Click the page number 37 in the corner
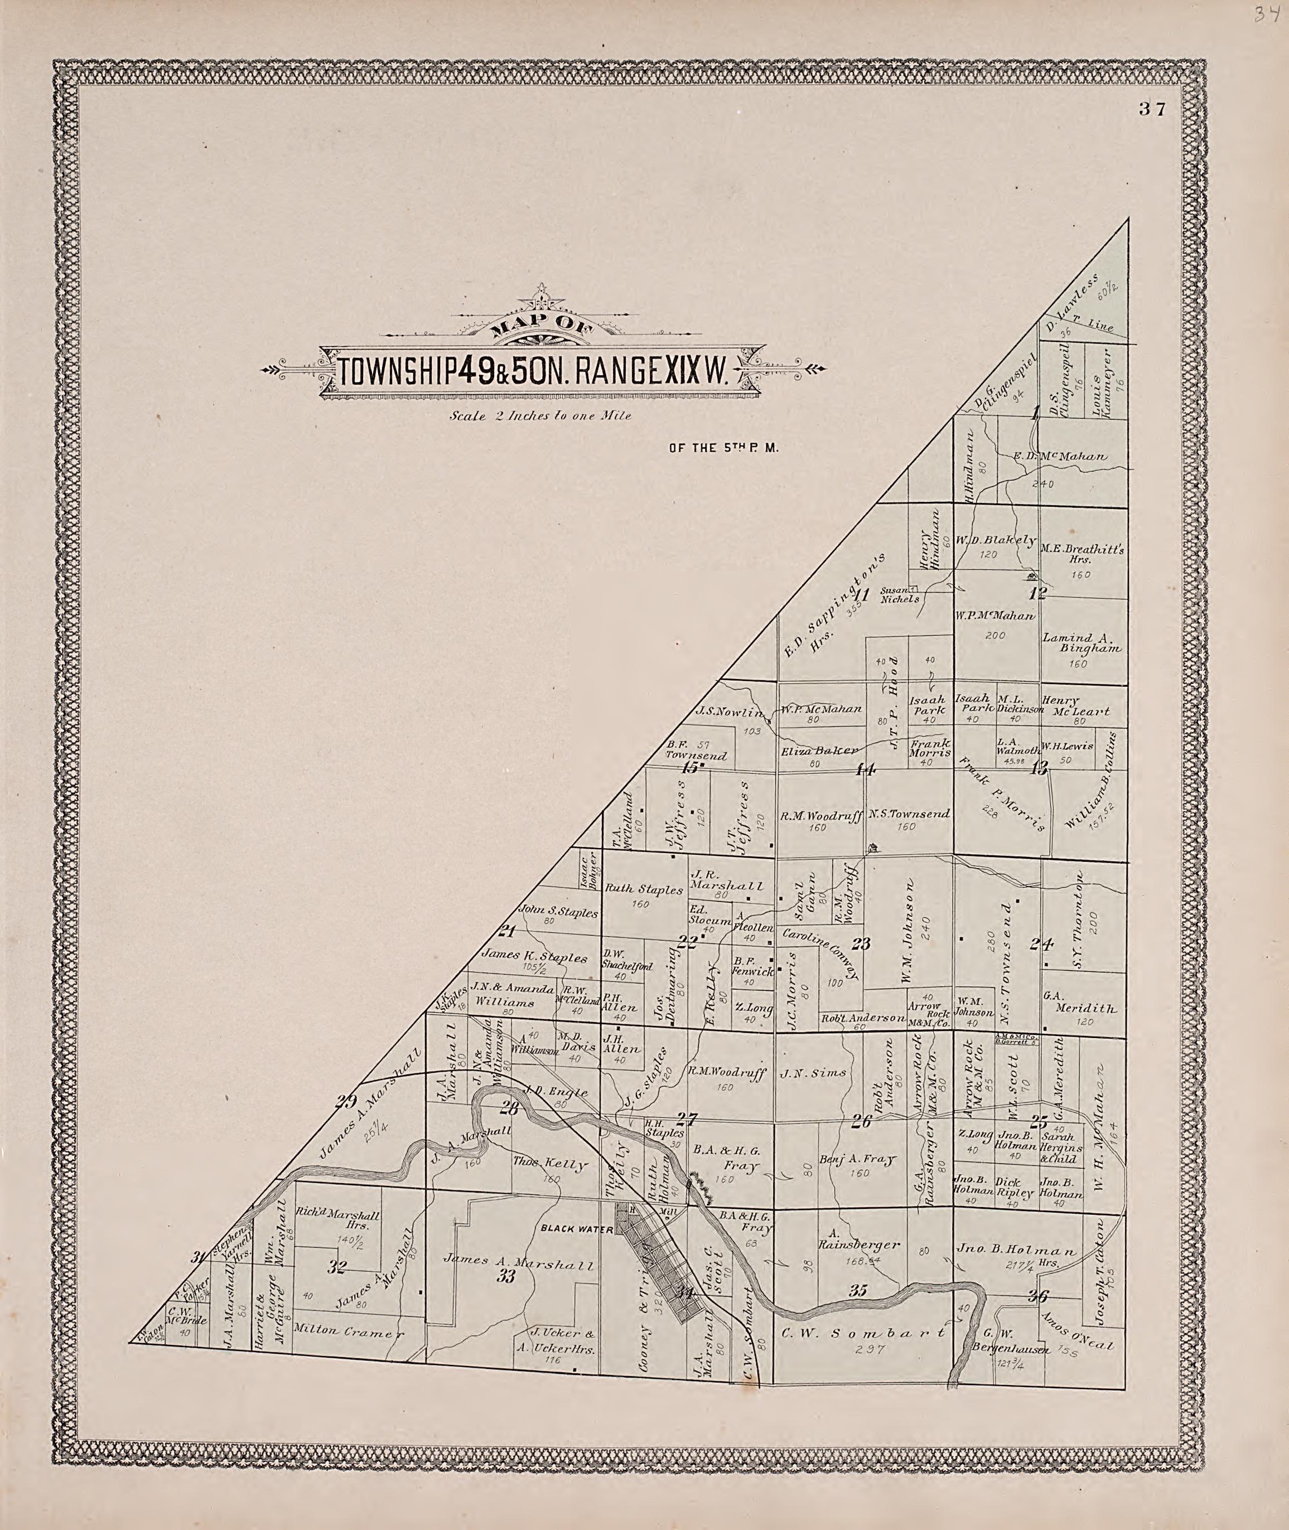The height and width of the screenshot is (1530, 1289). click(1152, 109)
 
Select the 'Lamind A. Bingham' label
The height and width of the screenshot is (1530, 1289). click(1079, 643)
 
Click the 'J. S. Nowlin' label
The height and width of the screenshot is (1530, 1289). click(729, 711)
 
